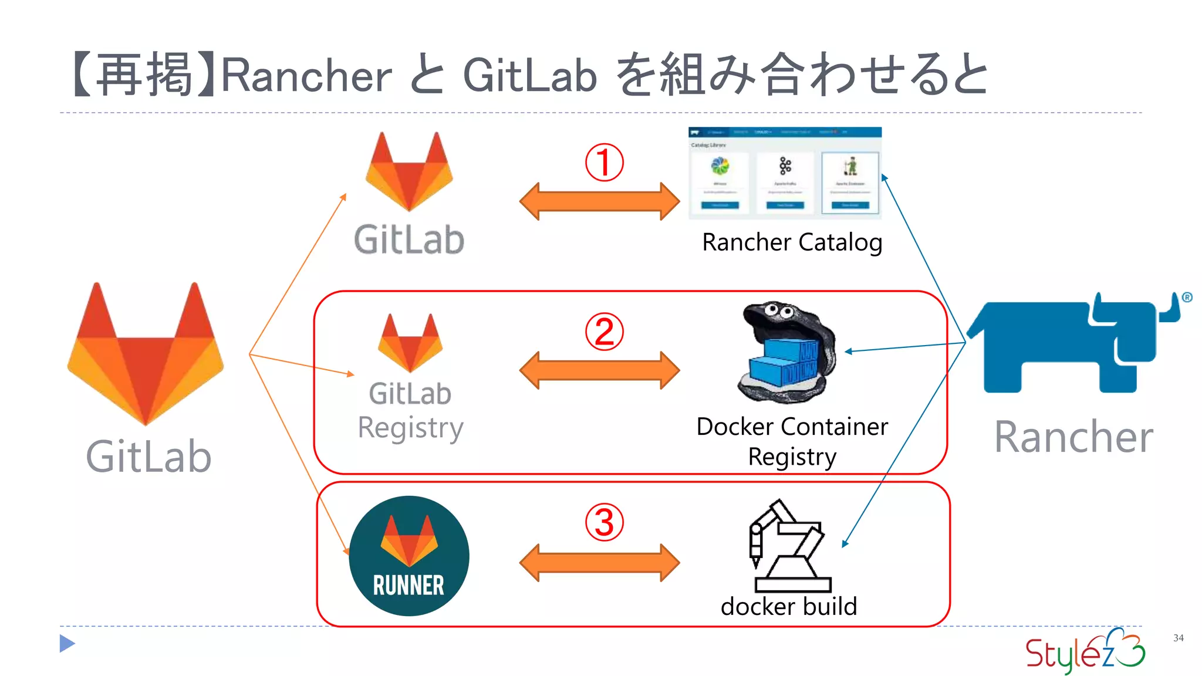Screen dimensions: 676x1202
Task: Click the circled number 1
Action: [x=604, y=163]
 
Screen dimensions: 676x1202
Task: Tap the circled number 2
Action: [x=604, y=332]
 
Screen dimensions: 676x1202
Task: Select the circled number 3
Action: [x=604, y=522]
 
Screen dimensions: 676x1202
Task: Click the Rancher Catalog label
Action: [x=792, y=242]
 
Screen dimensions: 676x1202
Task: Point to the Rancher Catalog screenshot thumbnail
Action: [x=785, y=173]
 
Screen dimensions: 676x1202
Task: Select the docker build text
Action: [x=789, y=606]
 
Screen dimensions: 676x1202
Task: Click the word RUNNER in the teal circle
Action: [x=408, y=585]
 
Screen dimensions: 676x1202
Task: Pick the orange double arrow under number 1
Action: [x=599, y=201]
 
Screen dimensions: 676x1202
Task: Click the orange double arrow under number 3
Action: [x=599, y=562]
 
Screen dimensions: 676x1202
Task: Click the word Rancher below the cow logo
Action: [x=1073, y=437]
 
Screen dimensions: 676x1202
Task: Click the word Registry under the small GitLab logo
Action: [x=410, y=428]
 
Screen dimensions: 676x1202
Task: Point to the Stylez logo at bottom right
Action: [x=1085, y=651]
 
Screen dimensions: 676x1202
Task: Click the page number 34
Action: [x=1178, y=638]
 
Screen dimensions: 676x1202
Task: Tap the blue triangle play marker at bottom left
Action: [x=67, y=644]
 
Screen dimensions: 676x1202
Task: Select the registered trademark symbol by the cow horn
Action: [x=1187, y=298]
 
